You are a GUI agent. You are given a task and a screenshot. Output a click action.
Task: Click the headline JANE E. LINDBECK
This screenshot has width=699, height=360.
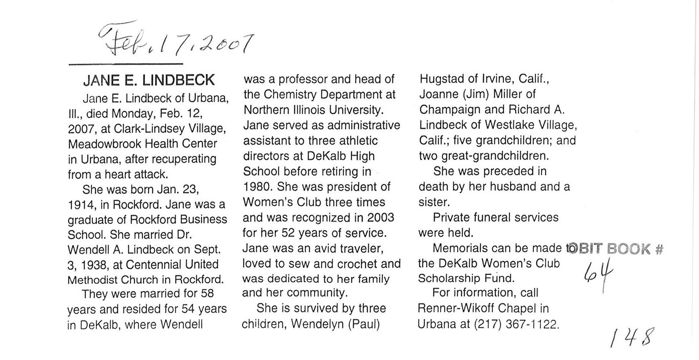pyautogui.click(x=149, y=81)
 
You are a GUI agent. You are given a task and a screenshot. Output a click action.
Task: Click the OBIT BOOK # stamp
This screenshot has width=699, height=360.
pyautogui.click(x=616, y=249)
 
